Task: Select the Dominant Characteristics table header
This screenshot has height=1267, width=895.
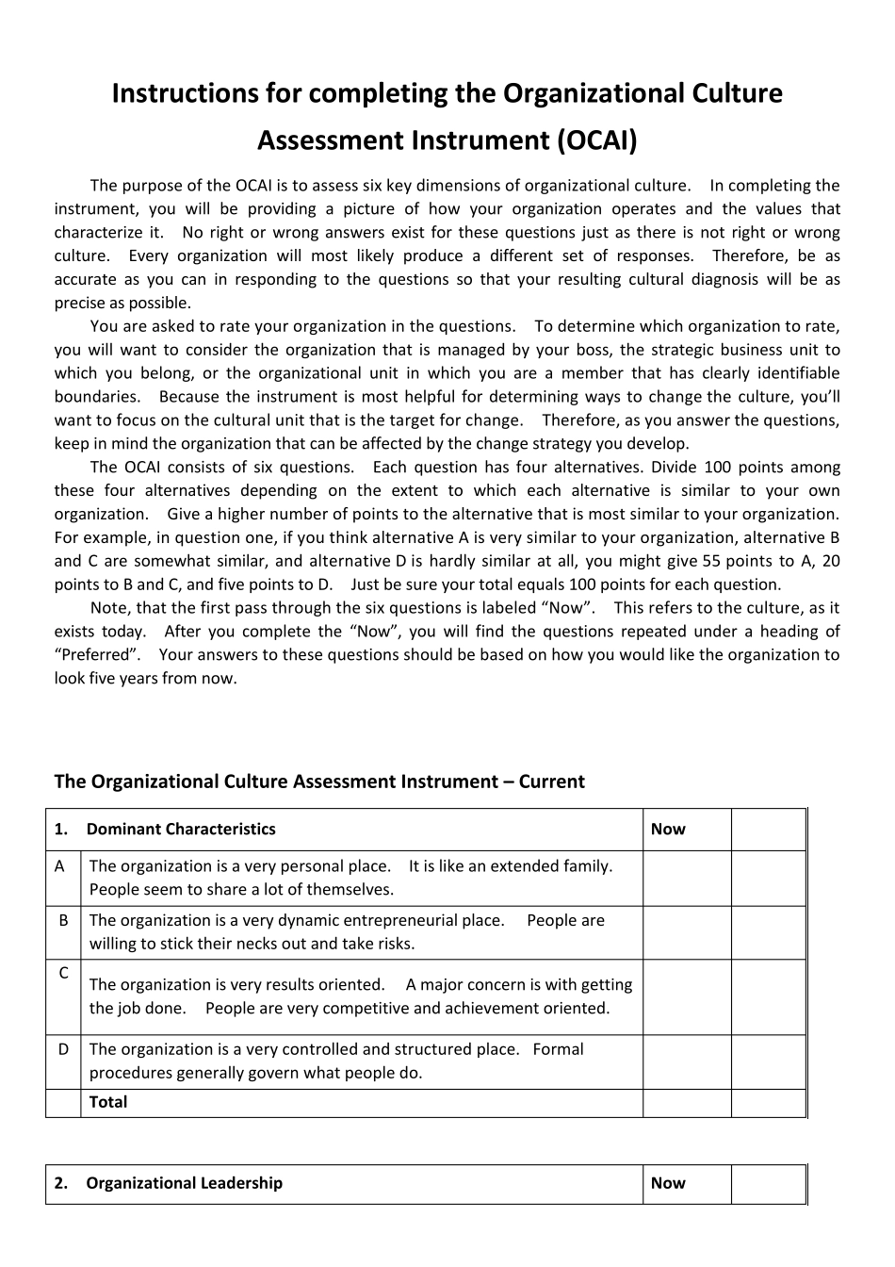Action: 181,830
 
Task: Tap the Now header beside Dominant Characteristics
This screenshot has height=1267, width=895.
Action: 668,830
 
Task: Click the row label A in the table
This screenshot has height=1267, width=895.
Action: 60,866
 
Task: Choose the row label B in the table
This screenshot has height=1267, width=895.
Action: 63,920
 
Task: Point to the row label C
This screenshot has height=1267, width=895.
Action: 63,973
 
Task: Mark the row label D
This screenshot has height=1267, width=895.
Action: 63,1049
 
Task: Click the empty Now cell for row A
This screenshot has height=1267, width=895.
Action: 687,879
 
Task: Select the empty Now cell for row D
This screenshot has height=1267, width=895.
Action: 687,1062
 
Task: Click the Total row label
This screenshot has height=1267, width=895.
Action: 108,1102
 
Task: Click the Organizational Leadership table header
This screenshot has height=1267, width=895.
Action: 184,1183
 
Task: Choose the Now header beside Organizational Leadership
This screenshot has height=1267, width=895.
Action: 668,1183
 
